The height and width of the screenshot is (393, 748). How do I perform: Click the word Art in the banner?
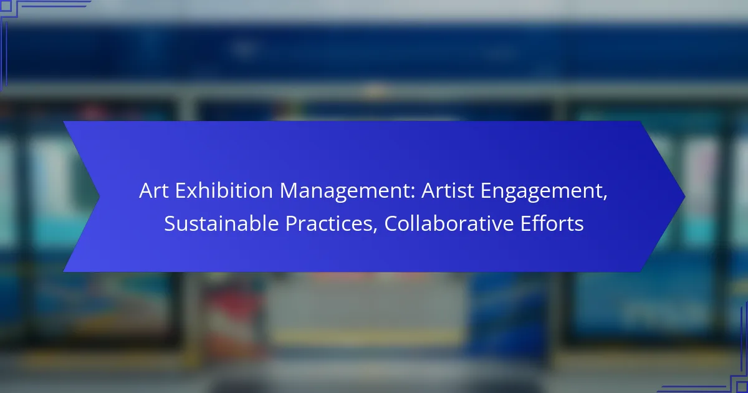pyautogui.click(x=153, y=190)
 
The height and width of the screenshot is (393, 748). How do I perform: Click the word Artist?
pyautogui.click(x=448, y=190)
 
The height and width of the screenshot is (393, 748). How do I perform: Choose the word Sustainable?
pyautogui.click(x=221, y=223)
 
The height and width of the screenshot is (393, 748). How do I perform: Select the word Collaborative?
pyautogui.click(x=449, y=223)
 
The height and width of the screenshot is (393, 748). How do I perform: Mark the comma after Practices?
pyautogui.click(x=375, y=231)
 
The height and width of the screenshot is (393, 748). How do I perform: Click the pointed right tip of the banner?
pyautogui.click(x=684, y=196)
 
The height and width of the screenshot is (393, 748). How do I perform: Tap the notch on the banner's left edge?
pyautogui.click(x=99, y=196)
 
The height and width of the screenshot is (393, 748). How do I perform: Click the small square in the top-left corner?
pyautogui.click(x=6, y=6)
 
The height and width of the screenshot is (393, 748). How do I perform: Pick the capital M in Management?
pyautogui.click(x=289, y=191)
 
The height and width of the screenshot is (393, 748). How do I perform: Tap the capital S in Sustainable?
pyautogui.click(x=170, y=223)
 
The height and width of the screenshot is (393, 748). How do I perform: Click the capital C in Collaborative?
pyautogui.click(x=391, y=223)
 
